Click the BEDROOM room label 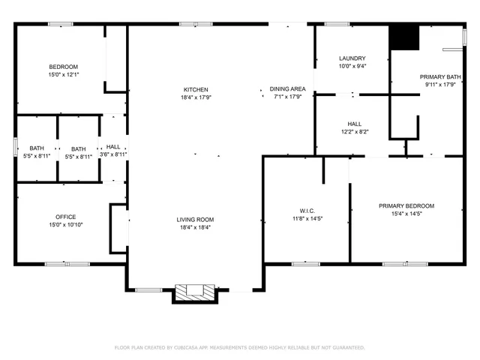click(x=63, y=67)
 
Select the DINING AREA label click(x=286, y=89)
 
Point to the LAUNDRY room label click(x=352, y=58)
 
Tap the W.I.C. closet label click(x=306, y=210)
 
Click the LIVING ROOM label click(x=195, y=219)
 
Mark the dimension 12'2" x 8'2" click(x=354, y=132)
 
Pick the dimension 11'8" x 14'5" click(x=306, y=218)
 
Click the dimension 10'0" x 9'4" click(x=352, y=66)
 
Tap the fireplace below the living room click(x=194, y=293)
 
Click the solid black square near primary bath click(x=403, y=37)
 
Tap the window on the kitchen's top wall click(x=188, y=24)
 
